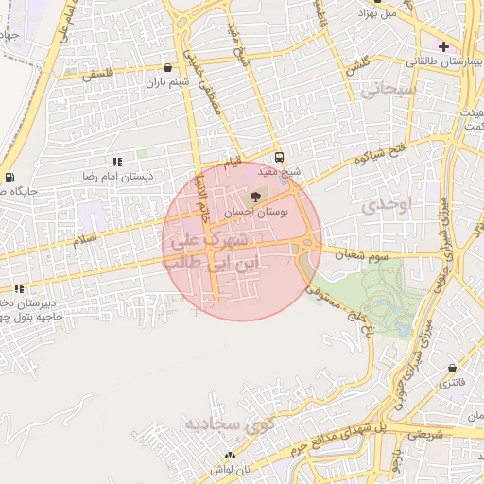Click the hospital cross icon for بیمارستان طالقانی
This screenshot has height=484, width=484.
(x=443, y=46)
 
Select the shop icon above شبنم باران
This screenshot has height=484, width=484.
(x=168, y=67)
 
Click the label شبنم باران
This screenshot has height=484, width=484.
(x=167, y=82)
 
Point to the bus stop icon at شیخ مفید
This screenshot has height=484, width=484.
(x=279, y=157)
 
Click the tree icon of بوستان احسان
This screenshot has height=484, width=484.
(x=255, y=197)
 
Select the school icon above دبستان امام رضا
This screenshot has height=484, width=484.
(x=118, y=163)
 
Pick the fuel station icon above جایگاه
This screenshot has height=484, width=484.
(x=9, y=177)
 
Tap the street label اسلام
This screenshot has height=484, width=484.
(x=85, y=242)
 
